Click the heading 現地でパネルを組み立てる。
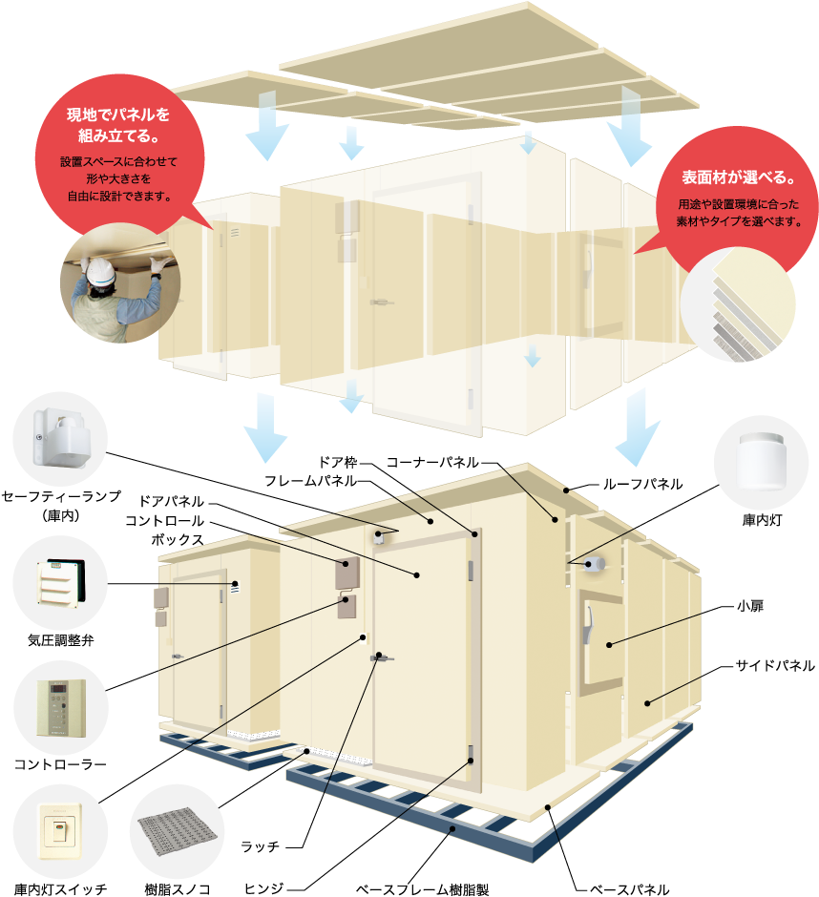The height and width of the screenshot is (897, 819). coord(117,125)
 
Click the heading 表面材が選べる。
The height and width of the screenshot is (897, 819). coord(738,178)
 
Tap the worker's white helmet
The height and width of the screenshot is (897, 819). coord(102,276)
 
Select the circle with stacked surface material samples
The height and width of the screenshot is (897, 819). coord(737,303)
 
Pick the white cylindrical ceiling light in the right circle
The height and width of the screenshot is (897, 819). coord(761,462)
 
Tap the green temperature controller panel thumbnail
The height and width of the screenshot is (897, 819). coord(60,706)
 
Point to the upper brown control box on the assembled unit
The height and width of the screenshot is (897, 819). coord(345,572)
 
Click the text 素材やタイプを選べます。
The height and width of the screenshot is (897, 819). coord(739,221)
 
